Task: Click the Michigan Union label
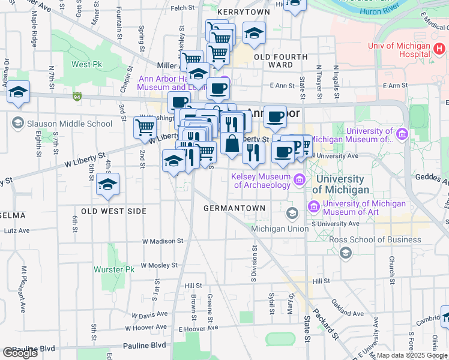coord(278,229)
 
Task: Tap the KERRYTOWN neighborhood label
coord(244,11)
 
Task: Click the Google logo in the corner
coord(20,353)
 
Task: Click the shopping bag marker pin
coord(232,144)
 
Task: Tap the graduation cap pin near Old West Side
coord(107,185)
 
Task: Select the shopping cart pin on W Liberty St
coord(145,128)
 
